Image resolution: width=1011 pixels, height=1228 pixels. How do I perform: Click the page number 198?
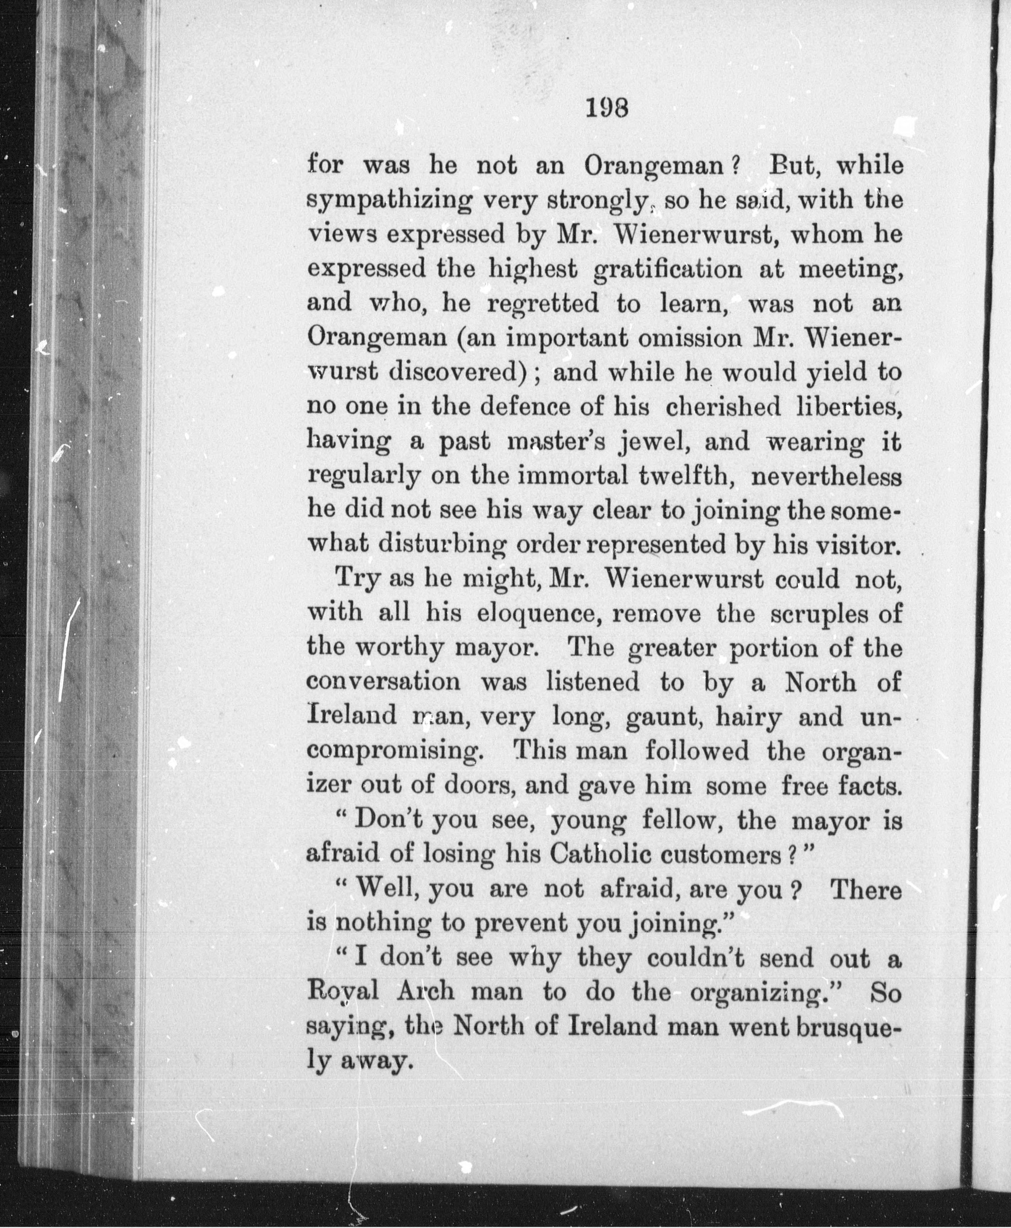(x=606, y=109)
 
